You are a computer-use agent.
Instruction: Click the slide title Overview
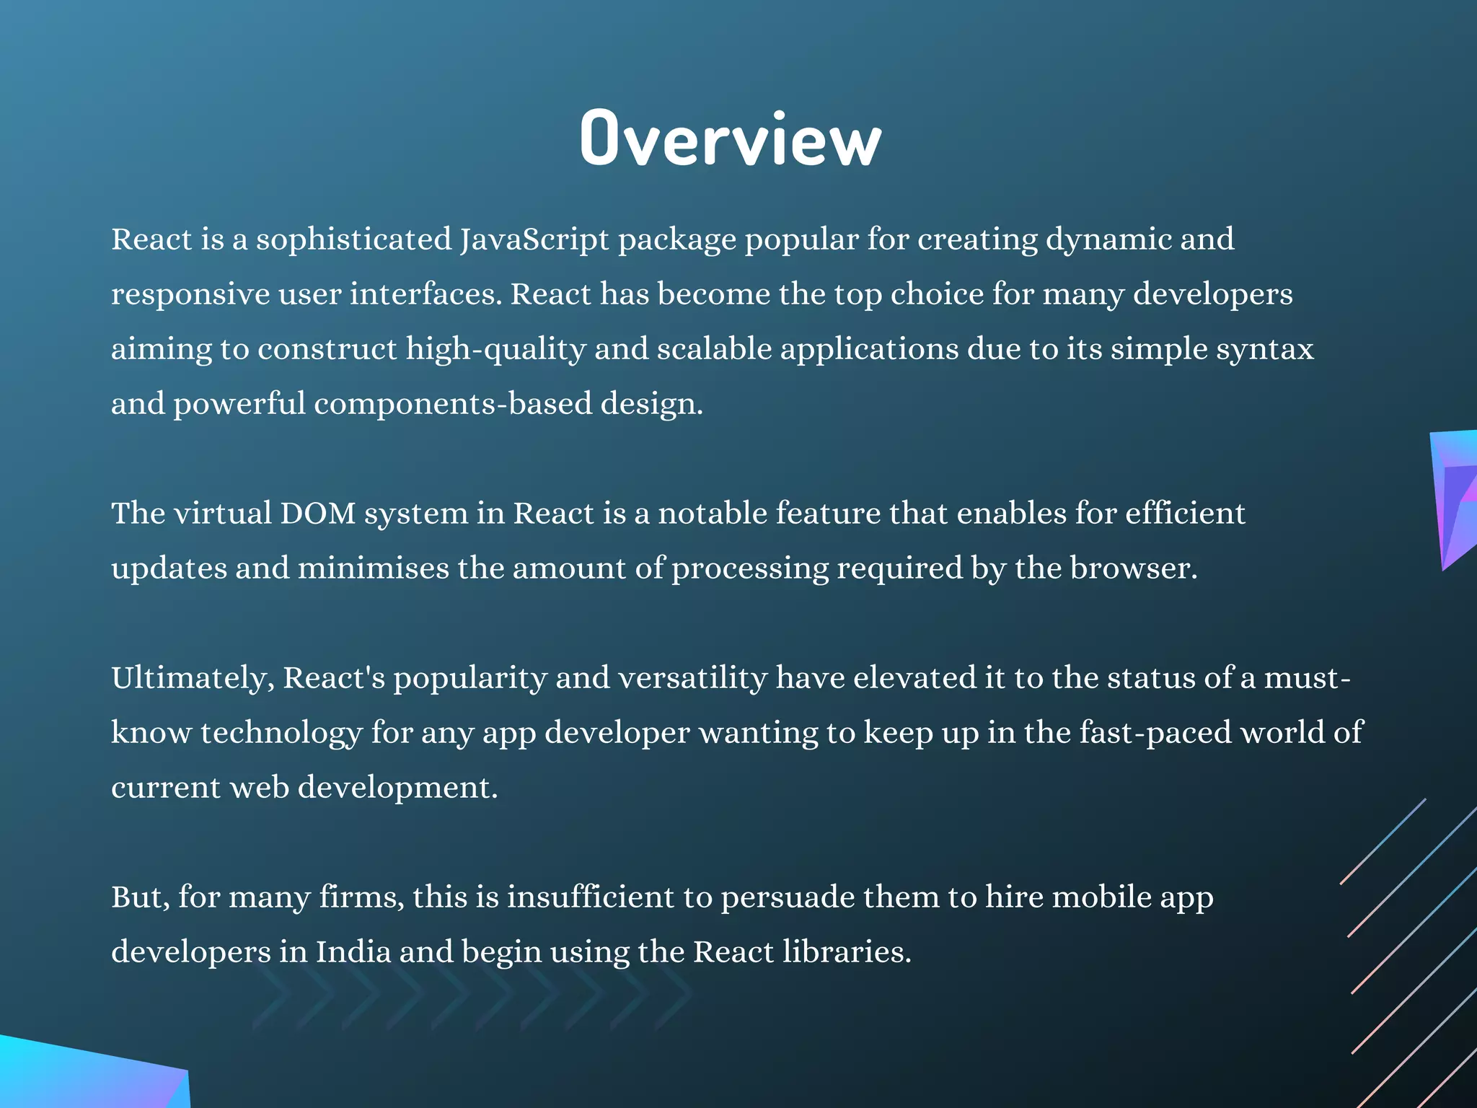[731, 138]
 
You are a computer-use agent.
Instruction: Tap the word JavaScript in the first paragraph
[534, 239]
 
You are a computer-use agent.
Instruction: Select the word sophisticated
[353, 239]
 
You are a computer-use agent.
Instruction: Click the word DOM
[317, 513]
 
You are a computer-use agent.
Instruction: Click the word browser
[1133, 568]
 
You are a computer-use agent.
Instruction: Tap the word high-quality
[495, 349]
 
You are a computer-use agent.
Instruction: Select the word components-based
[453, 403]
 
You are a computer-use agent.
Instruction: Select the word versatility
[692, 678]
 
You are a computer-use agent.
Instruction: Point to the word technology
[281, 732]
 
